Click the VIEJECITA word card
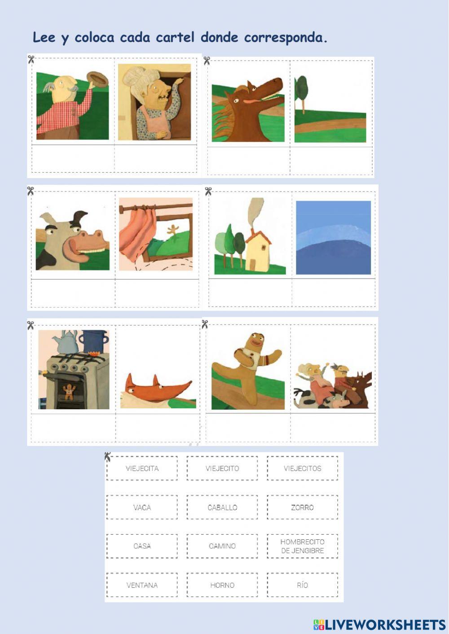(142, 468)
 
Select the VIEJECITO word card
(222, 468)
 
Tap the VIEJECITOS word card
(303, 468)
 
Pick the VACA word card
(142, 507)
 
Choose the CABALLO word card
(222, 507)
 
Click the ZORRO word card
(303, 507)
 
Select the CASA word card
(142, 546)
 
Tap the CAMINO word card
(222, 546)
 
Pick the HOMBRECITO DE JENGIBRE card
(303, 546)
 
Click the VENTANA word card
(142, 585)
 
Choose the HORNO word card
(222, 585)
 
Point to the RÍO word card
(303, 585)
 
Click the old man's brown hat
(97, 79)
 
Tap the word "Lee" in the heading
(44, 37)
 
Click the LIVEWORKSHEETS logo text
(379, 624)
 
